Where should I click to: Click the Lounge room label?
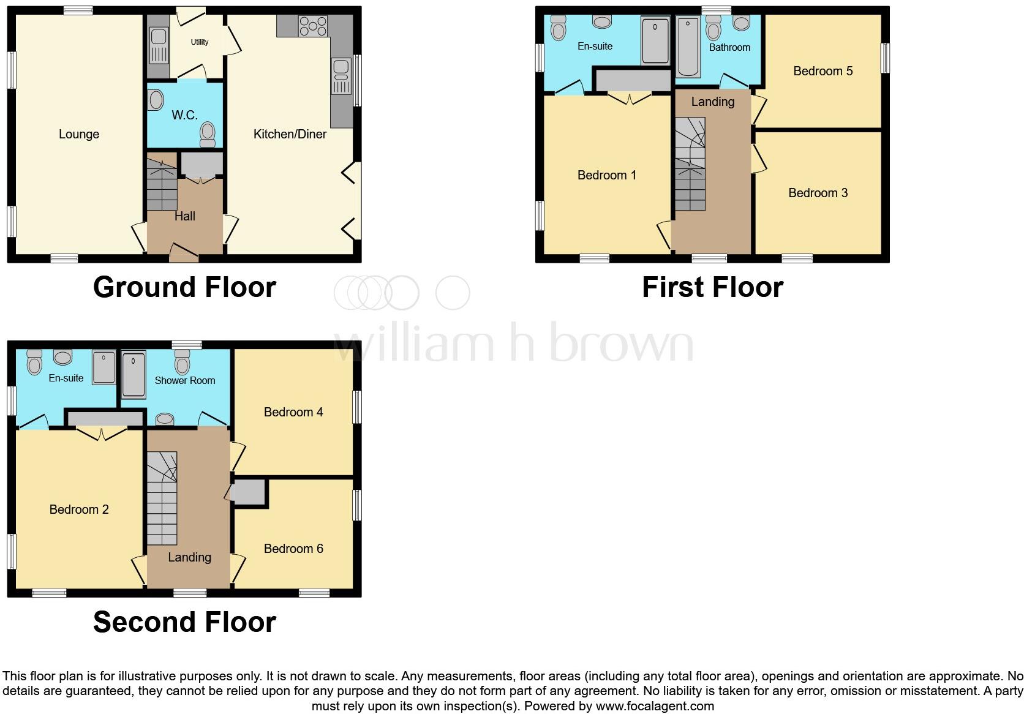tap(79, 134)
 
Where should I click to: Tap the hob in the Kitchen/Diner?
tap(312, 26)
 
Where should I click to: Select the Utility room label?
tap(200, 42)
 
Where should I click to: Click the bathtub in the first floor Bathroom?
tap(688, 48)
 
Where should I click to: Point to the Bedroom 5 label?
tap(823, 71)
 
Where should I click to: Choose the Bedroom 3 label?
tap(818, 193)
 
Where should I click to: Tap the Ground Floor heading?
tap(184, 287)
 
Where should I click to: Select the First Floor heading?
tap(712, 287)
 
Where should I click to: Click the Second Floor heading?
tap(184, 622)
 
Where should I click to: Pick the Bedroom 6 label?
tap(293, 549)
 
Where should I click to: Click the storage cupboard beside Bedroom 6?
tap(249, 492)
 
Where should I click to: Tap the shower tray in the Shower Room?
tap(134, 374)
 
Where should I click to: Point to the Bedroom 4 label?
tap(293, 412)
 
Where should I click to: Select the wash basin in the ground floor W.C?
tap(156, 100)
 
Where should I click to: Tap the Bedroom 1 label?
tap(607, 175)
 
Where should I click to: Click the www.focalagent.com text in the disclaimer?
tap(654, 706)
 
